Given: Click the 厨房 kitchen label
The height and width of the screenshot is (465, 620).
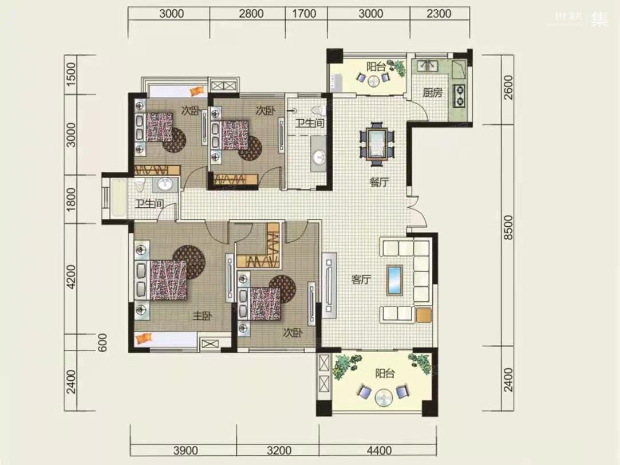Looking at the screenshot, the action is point(432,93).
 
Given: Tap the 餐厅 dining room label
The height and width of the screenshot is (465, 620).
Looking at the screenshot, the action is point(379,182).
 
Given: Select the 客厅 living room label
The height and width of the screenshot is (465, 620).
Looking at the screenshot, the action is point(361,279).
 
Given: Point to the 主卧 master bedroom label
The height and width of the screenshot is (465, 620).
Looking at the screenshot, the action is point(202,316).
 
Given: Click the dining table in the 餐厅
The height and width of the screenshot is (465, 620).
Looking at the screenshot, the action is point(377,144).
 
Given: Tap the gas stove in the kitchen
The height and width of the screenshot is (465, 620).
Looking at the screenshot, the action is point(459,96).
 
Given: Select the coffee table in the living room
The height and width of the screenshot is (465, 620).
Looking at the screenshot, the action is point(394,280).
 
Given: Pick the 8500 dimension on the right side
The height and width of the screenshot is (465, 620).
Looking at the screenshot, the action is point(508,227).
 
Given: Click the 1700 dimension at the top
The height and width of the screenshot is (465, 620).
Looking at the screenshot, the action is point(304,14).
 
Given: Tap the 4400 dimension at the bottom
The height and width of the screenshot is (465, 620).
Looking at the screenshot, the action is point(379,450).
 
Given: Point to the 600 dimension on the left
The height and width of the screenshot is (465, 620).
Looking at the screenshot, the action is point(102,342).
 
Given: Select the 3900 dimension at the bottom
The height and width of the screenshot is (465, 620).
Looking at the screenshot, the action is point(185,450).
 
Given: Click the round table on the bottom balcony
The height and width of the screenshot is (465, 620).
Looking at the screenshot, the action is point(384,397).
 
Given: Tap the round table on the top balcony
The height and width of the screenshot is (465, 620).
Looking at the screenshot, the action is point(373,81).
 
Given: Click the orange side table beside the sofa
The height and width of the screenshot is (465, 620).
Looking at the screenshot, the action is point(424,315).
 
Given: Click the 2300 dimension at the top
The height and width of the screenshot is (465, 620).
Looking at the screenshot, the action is point(439,14).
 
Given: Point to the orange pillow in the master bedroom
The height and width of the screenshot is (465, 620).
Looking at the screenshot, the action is point(143,338).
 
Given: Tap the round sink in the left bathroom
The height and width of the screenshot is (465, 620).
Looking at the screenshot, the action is point(165,184).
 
